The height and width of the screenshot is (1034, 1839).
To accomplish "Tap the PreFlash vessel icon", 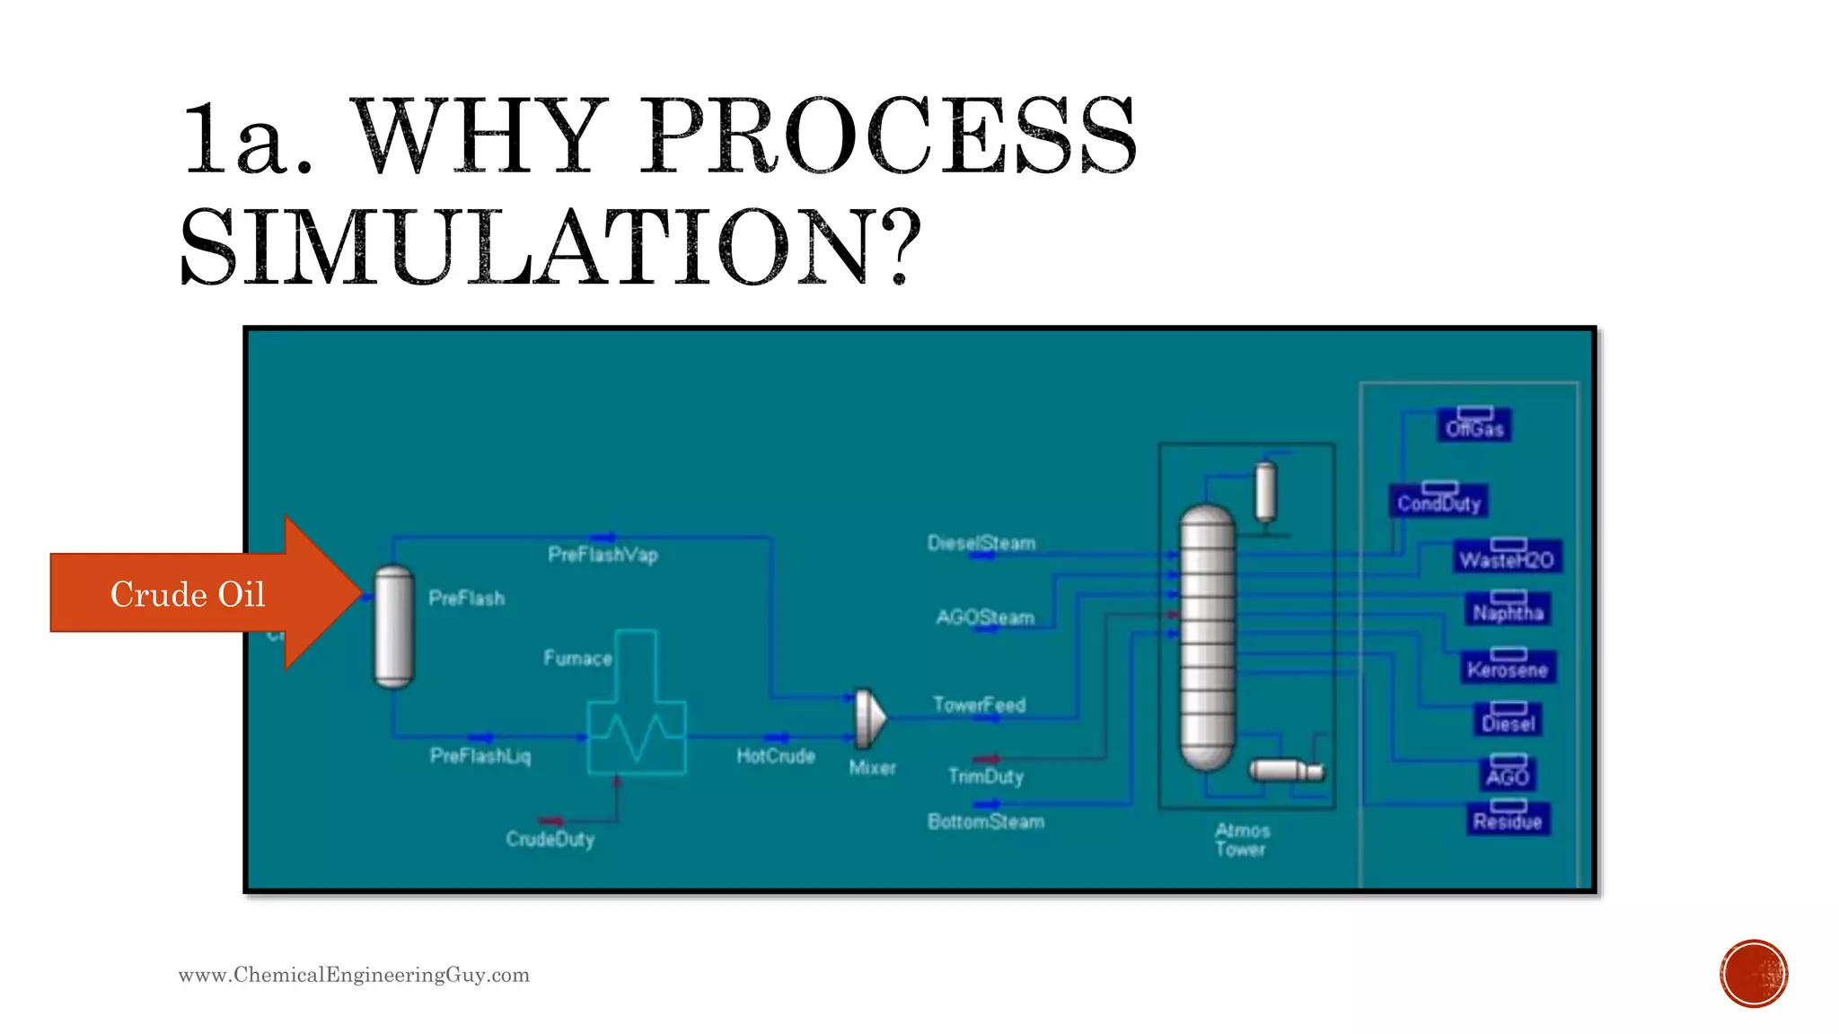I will click(x=393, y=627).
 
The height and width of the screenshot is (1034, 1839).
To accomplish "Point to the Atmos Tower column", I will click(x=1207, y=637).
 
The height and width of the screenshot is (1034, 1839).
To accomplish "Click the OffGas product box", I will click(x=1474, y=425).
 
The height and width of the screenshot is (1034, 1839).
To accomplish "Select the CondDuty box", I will click(x=1439, y=501).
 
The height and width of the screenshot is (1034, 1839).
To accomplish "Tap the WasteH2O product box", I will click(x=1507, y=557).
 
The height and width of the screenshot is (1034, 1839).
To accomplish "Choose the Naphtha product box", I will click(x=1508, y=610).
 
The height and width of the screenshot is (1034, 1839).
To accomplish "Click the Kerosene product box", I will click(x=1508, y=667).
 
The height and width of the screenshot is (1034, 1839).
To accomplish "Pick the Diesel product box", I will click(x=1509, y=721).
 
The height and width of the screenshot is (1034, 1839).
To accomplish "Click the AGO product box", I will click(x=1508, y=775).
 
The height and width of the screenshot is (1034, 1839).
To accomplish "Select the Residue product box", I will click(x=1508, y=819).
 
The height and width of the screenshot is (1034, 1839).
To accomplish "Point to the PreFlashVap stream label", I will click(x=603, y=555).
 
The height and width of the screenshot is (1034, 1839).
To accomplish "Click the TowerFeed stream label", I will click(x=979, y=705).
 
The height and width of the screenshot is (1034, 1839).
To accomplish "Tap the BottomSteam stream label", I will click(x=986, y=821).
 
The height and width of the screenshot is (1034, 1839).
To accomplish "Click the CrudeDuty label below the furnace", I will click(x=550, y=839).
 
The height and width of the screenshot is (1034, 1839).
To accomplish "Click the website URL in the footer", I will click(x=354, y=975).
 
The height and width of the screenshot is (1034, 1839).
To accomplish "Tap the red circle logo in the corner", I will click(x=1753, y=973).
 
